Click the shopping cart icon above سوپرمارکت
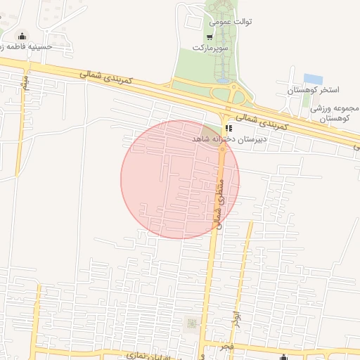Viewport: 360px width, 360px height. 210,37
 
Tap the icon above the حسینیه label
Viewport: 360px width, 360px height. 22,37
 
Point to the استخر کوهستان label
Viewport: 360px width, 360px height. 314,91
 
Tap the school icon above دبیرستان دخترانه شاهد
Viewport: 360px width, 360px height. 228,128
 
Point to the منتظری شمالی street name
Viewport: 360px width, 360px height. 217,203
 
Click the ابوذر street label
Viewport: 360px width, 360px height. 237,318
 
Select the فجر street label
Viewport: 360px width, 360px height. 225,348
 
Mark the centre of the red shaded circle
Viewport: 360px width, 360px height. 180,179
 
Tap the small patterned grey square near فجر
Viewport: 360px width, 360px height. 191,323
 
